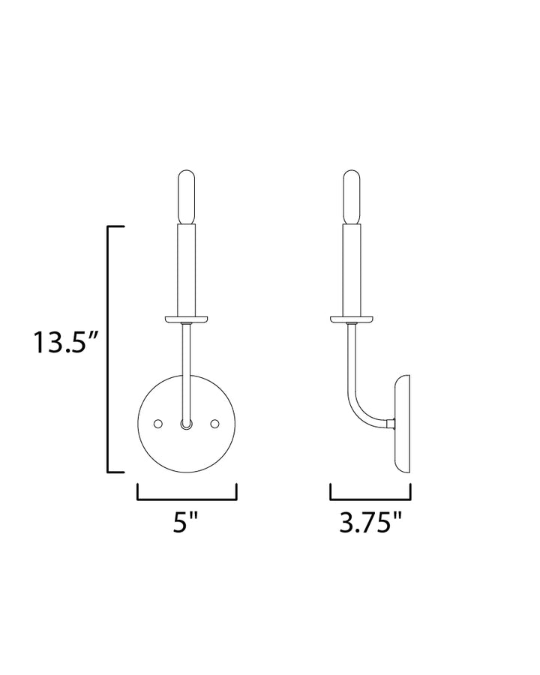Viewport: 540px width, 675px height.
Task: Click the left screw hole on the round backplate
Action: [x=158, y=424]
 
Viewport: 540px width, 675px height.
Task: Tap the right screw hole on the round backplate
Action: [x=215, y=424]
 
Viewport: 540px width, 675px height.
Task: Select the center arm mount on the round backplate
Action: [x=187, y=424]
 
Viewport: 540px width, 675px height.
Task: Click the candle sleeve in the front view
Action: [x=187, y=270]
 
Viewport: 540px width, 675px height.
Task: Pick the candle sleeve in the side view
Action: [x=352, y=270]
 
